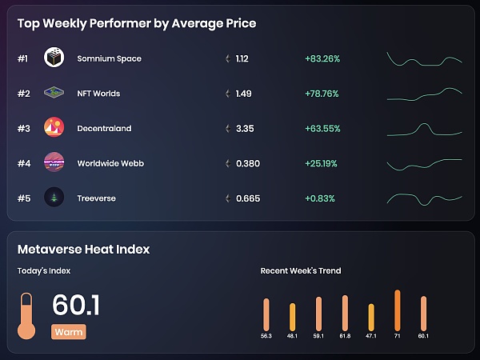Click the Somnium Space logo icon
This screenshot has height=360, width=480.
coord(54,58)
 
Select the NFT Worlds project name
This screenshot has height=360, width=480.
coord(98,94)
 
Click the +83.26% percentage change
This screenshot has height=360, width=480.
coord(322,58)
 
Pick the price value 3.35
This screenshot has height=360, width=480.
coord(245,128)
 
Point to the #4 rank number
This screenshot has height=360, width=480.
coord(23,163)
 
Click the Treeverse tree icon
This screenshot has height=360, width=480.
coord(54,198)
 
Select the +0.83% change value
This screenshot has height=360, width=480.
coord(319,198)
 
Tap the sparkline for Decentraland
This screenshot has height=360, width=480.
coord(424,128)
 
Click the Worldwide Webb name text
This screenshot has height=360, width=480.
coord(110,163)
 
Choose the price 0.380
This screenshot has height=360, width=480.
coord(248,163)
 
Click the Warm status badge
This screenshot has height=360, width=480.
coord(68,332)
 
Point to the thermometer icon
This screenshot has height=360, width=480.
coord(26,316)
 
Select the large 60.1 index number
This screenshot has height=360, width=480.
coord(76,306)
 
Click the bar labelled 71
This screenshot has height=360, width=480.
coord(398,310)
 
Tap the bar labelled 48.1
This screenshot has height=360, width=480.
coord(292,316)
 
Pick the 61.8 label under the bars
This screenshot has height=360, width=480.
coord(345,336)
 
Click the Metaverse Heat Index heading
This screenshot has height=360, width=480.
coord(83,249)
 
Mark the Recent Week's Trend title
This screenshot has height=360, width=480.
coord(301,270)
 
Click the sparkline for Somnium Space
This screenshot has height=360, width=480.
coord(424,59)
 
